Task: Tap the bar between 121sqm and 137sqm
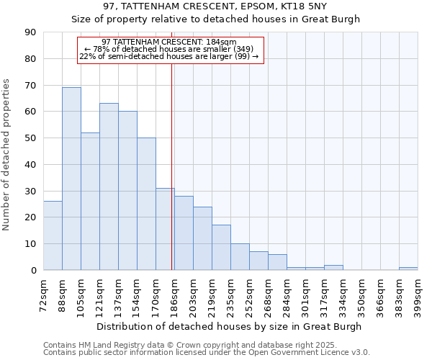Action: click(x=109, y=186)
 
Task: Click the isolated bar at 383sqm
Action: click(x=408, y=269)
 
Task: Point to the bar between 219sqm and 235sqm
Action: click(x=221, y=248)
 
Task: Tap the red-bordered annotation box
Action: click(x=171, y=50)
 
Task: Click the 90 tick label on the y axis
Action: click(x=31, y=32)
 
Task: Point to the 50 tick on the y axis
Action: click(x=31, y=138)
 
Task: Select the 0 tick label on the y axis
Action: click(x=34, y=271)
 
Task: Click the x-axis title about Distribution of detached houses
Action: click(x=229, y=326)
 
